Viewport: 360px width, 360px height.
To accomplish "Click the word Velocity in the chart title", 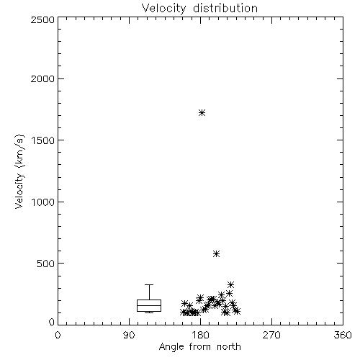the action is click(163, 9).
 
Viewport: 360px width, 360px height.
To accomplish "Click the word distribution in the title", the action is click(225, 8).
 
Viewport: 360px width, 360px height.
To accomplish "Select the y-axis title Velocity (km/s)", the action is click(19, 171).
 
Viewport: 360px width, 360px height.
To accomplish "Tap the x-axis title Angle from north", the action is click(199, 346).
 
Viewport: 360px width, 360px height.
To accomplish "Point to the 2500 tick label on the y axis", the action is click(42, 19).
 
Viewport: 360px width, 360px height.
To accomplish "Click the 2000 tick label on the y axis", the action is click(42, 78).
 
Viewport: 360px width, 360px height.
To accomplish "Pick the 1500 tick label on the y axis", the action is click(43, 140).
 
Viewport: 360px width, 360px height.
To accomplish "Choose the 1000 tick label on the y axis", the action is click(43, 202).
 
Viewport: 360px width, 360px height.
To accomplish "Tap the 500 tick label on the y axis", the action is click(46, 264).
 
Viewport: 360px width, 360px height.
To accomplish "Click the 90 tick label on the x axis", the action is click(129, 335).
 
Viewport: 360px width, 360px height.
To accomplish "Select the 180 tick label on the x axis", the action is click(200, 335).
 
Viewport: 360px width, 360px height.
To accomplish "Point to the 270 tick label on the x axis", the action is click(271, 335).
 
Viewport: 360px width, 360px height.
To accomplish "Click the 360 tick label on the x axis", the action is click(343, 335).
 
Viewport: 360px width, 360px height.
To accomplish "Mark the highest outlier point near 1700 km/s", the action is click(202, 112).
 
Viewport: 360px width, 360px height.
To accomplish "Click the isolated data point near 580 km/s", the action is click(216, 253).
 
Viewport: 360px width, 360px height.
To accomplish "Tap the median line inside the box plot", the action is click(149, 305).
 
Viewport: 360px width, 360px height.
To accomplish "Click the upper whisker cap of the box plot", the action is click(149, 285).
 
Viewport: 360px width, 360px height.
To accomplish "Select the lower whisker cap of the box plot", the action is click(149, 312).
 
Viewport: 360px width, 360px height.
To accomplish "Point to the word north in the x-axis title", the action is click(229, 346).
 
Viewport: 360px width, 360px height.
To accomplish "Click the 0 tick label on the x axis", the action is click(58, 335).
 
